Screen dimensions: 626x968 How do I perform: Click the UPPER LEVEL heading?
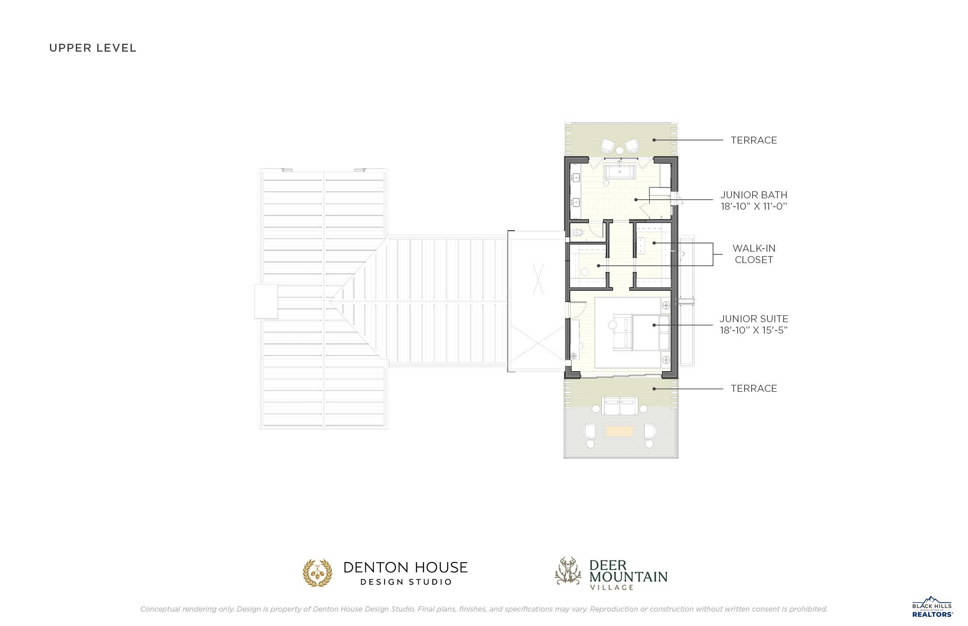coord(93,48)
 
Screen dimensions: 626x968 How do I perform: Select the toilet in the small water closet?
coord(578,232)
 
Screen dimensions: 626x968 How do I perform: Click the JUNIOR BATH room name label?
coord(754,195)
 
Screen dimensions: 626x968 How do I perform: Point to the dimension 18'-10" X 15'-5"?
coord(754,330)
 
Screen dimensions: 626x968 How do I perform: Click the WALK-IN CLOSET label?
coord(754,254)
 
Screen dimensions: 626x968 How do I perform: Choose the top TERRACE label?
coord(754,140)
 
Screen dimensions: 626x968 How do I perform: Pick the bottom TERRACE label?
coord(754,388)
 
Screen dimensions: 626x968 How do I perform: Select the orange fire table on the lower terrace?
coord(619,431)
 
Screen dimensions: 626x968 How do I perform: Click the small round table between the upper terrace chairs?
coord(620,150)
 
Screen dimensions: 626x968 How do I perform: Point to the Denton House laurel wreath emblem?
coord(318,573)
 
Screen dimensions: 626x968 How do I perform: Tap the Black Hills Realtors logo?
coord(932,607)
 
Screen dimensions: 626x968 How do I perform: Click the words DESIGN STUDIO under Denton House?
coord(406,582)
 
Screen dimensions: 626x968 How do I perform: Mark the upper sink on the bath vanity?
coord(576,178)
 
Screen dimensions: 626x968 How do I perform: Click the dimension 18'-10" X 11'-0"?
coord(754,206)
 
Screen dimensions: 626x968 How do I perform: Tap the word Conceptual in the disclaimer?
coord(159,609)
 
